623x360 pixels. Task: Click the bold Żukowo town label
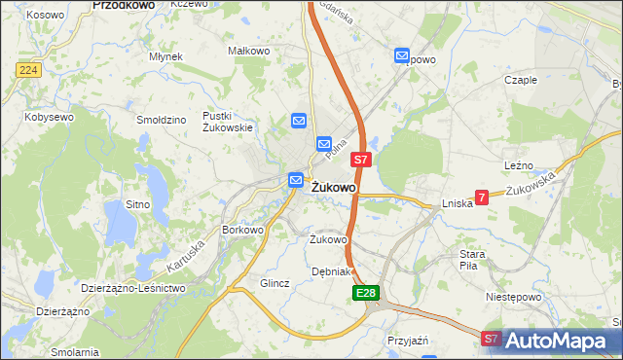point(334,187)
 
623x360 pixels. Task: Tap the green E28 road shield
point(366,292)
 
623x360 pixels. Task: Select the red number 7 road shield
point(482,197)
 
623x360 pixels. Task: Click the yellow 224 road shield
point(27,70)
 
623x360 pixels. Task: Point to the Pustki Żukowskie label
point(228,122)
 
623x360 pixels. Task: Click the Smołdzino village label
point(162,120)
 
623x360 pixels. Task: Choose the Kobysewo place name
point(50,117)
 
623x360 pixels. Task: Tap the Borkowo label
point(243,231)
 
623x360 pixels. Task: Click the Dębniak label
point(329,271)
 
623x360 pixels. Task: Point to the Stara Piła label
point(472,260)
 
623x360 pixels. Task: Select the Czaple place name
point(521,81)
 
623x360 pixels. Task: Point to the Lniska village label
point(457,203)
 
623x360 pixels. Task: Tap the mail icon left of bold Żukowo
point(295,180)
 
